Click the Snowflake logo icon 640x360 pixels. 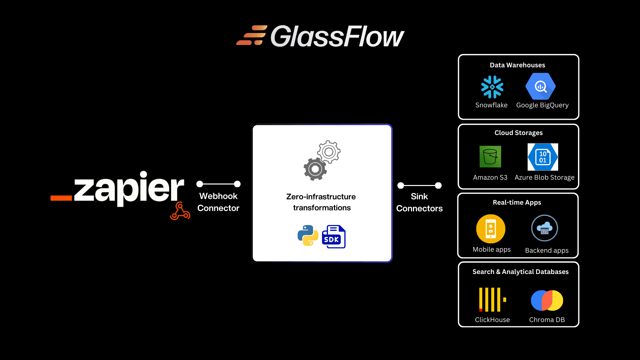pyautogui.click(x=492, y=87)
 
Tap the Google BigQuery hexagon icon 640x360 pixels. pyautogui.click(x=540, y=86)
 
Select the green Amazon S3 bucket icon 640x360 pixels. pyautogui.click(x=490, y=157)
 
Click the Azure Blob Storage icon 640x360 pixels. pyautogui.click(x=543, y=157)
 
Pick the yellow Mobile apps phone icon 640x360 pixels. pyautogui.click(x=491, y=229)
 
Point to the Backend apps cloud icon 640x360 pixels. pyautogui.click(x=544, y=228)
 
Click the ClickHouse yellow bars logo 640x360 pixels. pyautogui.click(x=492, y=300)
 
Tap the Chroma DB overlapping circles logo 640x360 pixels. pyautogui.click(x=547, y=300)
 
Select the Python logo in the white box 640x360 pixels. pyautogui.click(x=308, y=236)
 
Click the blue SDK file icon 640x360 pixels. pyautogui.click(x=334, y=237)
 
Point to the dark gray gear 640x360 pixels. pyautogui.click(x=315, y=169)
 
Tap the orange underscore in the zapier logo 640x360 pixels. pyautogui.click(x=61, y=198)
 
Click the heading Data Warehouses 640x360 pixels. pyautogui.click(x=517, y=65)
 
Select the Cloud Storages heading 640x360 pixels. pyautogui.click(x=518, y=133)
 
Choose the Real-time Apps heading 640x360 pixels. pyautogui.click(x=517, y=202)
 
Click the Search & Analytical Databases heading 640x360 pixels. pyautogui.click(x=520, y=272)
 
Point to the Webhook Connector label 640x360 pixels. pyautogui.click(x=218, y=202)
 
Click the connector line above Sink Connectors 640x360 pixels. pyautogui.click(x=419, y=185)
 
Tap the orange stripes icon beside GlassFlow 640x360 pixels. pyautogui.click(x=252, y=35)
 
